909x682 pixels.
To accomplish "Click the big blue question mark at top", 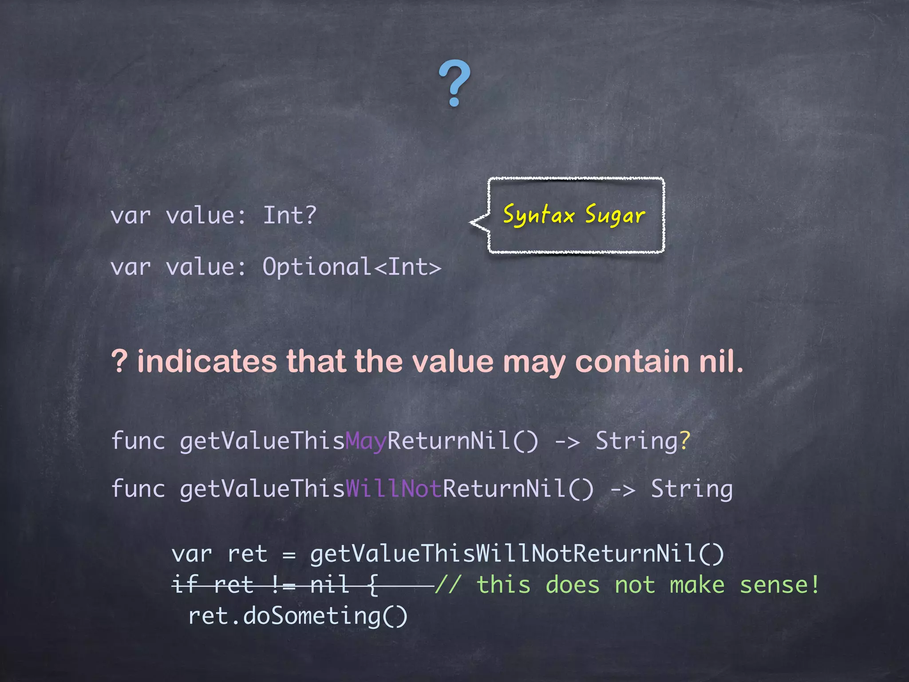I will coord(454,83).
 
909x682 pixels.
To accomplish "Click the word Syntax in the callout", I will coord(539,215).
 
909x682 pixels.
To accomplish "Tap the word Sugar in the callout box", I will coord(615,215).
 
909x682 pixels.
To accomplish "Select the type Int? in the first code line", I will coord(290,215).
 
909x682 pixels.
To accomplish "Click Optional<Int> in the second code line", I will coord(352,267).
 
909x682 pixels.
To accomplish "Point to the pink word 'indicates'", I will coord(207,361).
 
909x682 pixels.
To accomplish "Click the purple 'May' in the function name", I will coord(366,441).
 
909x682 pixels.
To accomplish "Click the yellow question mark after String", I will coord(685,440).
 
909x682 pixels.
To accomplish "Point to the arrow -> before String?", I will coord(568,442).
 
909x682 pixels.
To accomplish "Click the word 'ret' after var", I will coord(247,555).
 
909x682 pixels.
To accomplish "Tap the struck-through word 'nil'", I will coord(329,585).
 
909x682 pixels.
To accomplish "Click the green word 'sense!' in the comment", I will coord(779,585).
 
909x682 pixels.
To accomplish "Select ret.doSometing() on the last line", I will coord(298,616).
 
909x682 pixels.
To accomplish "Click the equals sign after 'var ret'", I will coord(289,555).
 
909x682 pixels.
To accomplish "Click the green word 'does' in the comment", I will coord(573,585).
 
